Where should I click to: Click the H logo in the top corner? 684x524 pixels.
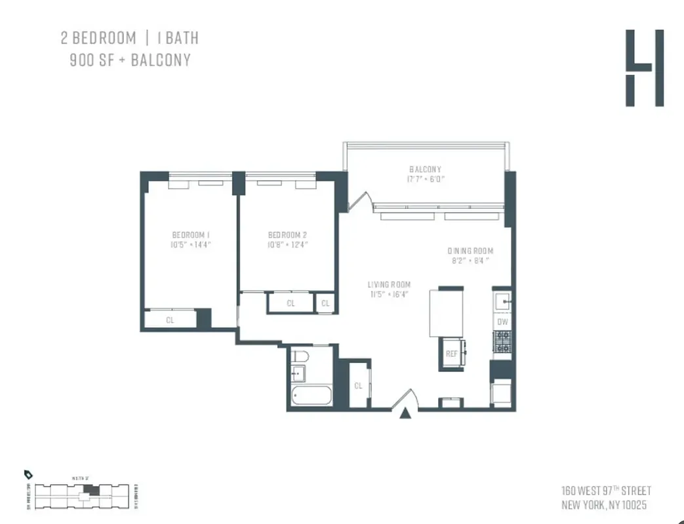coord(644,68)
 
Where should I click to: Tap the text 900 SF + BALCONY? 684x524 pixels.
coord(130,60)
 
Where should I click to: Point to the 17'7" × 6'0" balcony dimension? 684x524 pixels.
coord(426,178)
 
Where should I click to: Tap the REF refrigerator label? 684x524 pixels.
coord(451,353)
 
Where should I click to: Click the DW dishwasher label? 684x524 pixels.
coord(502,322)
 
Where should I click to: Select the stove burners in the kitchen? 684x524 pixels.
coord(502,341)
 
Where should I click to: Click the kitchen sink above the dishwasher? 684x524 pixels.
coord(502,302)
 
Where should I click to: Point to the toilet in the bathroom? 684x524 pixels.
coord(298,356)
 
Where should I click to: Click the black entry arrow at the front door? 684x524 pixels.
coord(407,412)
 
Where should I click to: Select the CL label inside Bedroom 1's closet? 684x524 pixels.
coord(170,320)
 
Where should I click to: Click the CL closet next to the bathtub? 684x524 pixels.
coord(358,386)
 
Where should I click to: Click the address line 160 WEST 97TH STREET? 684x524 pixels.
coord(606,491)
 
